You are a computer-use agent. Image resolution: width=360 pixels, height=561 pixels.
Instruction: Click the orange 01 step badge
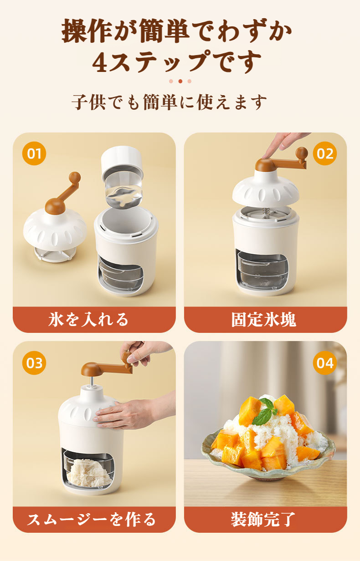pyautogui.click(x=34, y=153)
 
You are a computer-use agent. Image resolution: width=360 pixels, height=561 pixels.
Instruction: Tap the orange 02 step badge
pyautogui.click(x=325, y=153)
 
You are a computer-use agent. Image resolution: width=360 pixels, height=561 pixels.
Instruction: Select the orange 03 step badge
pyautogui.click(x=34, y=363)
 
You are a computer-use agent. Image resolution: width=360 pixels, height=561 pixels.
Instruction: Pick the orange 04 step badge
pyautogui.click(x=325, y=363)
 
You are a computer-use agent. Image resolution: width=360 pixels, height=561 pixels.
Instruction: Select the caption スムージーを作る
pyautogui.click(x=92, y=519)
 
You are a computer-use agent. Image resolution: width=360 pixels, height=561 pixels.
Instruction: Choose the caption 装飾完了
pyautogui.click(x=264, y=519)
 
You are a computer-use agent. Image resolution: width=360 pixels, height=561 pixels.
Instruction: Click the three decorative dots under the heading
pyautogui.click(x=180, y=82)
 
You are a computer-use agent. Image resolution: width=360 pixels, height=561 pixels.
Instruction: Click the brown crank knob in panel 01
pyautogui.click(x=75, y=177)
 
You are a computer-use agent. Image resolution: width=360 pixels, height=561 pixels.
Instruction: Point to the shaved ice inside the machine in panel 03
pyautogui.click(x=89, y=471)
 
